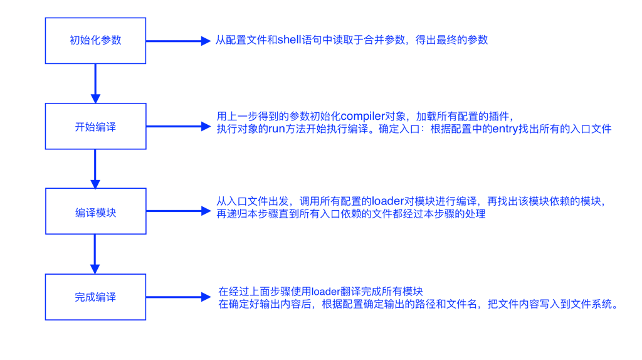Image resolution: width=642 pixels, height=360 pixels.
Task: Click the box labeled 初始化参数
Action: [95, 41]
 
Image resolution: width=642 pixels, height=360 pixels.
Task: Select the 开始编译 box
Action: [95, 126]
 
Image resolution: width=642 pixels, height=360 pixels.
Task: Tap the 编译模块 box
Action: [95, 211]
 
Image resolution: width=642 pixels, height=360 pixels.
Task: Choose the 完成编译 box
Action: [95, 297]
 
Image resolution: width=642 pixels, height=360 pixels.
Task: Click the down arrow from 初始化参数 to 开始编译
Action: [95, 83]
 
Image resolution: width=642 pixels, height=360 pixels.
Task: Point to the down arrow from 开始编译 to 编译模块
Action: [95, 168]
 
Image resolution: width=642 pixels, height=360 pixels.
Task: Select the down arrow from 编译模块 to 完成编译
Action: [95, 253]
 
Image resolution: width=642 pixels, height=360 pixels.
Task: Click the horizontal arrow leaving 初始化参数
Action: [178, 41]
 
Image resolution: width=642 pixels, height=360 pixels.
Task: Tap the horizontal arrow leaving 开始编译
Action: [178, 127]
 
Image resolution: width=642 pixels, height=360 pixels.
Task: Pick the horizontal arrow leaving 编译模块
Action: [178, 211]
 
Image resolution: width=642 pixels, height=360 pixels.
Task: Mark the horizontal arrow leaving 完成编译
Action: [178, 297]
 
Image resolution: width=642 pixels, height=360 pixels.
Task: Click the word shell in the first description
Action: [290, 40]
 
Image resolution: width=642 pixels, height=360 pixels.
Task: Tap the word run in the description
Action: [276, 129]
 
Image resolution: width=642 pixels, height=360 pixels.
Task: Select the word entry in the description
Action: [505, 129]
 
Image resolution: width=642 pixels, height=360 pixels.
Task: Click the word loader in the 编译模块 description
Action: [388, 201]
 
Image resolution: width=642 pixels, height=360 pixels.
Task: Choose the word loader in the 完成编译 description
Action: [325, 292]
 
